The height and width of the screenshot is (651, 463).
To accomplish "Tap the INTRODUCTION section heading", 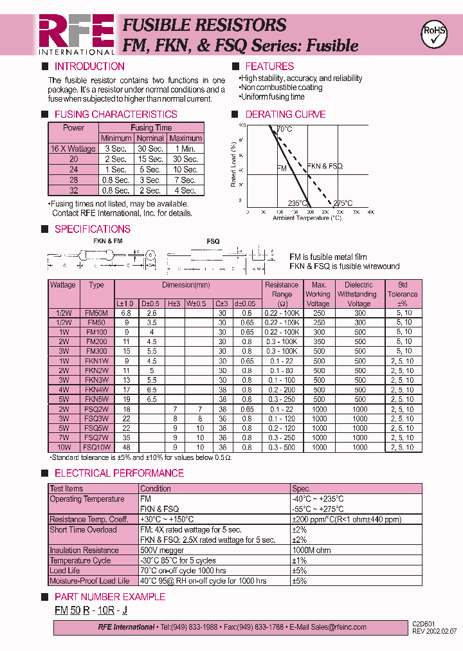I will [x=89, y=66].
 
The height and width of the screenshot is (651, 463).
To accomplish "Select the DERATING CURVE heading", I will [x=286, y=115].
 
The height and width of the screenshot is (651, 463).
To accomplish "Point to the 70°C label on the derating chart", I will [x=284, y=129].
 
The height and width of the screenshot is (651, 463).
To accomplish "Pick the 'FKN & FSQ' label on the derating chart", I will [x=325, y=166].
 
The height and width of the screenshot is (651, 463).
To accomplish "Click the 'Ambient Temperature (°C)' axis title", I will [x=307, y=218].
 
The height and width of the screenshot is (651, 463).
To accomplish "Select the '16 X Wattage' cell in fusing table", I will [x=73, y=149].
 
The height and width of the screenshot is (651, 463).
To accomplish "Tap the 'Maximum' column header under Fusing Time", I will [x=186, y=138].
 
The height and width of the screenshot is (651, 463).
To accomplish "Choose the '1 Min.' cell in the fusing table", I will [x=186, y=149].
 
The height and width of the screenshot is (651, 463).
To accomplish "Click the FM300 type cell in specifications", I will [x=96, y=351].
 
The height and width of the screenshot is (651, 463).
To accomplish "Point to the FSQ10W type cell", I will [x=96, y=447].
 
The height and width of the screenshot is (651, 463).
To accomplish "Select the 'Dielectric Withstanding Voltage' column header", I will [x=358, y=294].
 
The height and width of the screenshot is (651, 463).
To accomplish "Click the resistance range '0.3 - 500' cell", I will [x=282, y=447].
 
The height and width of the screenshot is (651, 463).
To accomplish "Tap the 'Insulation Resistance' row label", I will [x=84, y=551].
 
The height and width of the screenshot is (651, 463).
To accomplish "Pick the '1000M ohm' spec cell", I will [x=311, y=551].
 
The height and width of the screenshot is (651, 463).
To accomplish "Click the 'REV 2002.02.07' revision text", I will [x=434, y=632].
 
